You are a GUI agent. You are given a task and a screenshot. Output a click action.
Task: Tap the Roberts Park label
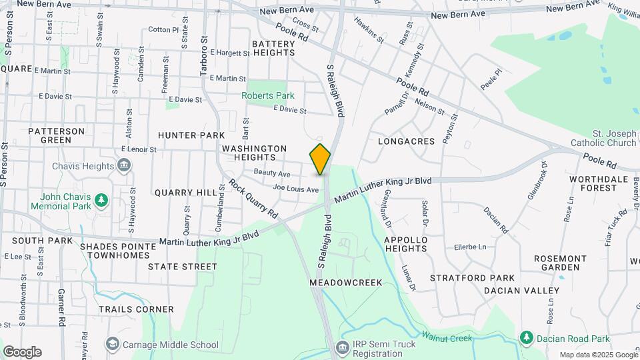pos(267,95)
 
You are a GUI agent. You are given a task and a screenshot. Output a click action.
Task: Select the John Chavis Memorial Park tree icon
pos(101,199)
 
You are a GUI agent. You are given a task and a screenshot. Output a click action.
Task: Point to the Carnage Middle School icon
pos(112,344)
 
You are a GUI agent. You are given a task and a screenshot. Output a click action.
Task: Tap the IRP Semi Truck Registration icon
pos(342,348)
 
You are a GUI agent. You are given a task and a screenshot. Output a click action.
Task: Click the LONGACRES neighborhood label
pos(406,141)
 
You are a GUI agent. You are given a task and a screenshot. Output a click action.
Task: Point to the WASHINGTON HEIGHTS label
pos(255,153)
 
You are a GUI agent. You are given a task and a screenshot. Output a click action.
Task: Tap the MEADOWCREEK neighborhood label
pos(346,283)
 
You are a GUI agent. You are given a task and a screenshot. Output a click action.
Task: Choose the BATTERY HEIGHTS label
pos(273,48)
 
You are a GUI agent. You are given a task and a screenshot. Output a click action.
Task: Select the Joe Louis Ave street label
pos(296,189)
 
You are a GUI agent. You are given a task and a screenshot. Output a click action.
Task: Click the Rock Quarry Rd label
pos(254,199)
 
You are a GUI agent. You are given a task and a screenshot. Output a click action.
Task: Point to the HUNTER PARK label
pos(191,135)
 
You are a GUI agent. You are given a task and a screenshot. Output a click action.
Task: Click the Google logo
pos(22,352)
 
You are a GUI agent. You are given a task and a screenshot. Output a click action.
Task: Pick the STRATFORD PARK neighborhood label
pos(472,277)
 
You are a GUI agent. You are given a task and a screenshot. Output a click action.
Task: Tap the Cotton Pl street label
pos(163,29)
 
